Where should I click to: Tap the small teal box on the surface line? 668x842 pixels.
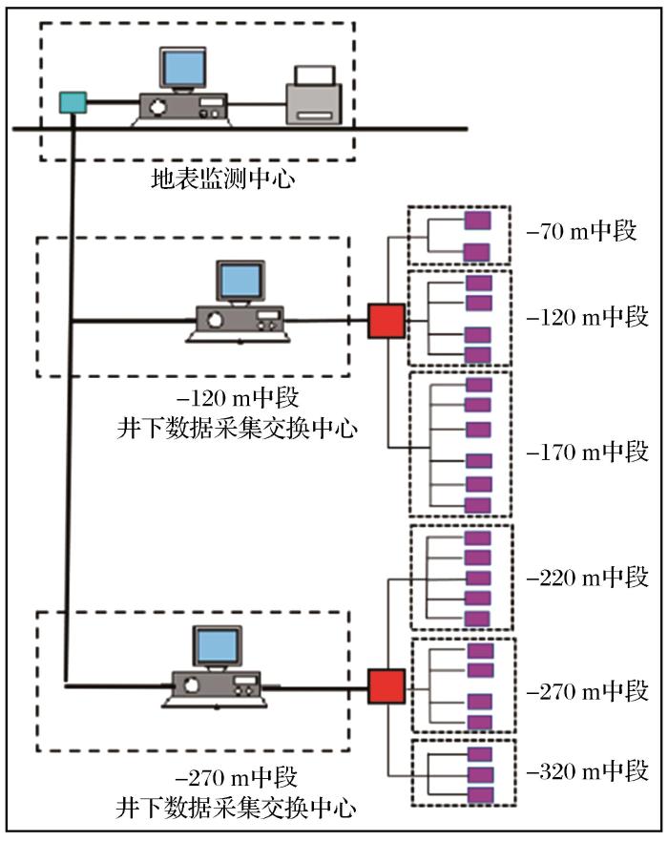pos(72,100)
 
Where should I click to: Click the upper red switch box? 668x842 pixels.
pos(386,321)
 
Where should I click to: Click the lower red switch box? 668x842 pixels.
pos(386,686)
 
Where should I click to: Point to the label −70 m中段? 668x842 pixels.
pos(581,232)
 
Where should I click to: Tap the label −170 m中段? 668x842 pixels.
pos(588,453)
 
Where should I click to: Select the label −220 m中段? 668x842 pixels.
pos(588,578)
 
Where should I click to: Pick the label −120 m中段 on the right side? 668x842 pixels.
pos(588,317)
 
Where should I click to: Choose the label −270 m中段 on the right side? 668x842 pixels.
pos(588,690)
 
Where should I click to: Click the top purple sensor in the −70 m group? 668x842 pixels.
pos(477,221)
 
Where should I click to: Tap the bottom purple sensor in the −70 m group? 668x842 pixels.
pos(477,252)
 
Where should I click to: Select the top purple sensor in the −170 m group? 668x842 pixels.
pos(478,385)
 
